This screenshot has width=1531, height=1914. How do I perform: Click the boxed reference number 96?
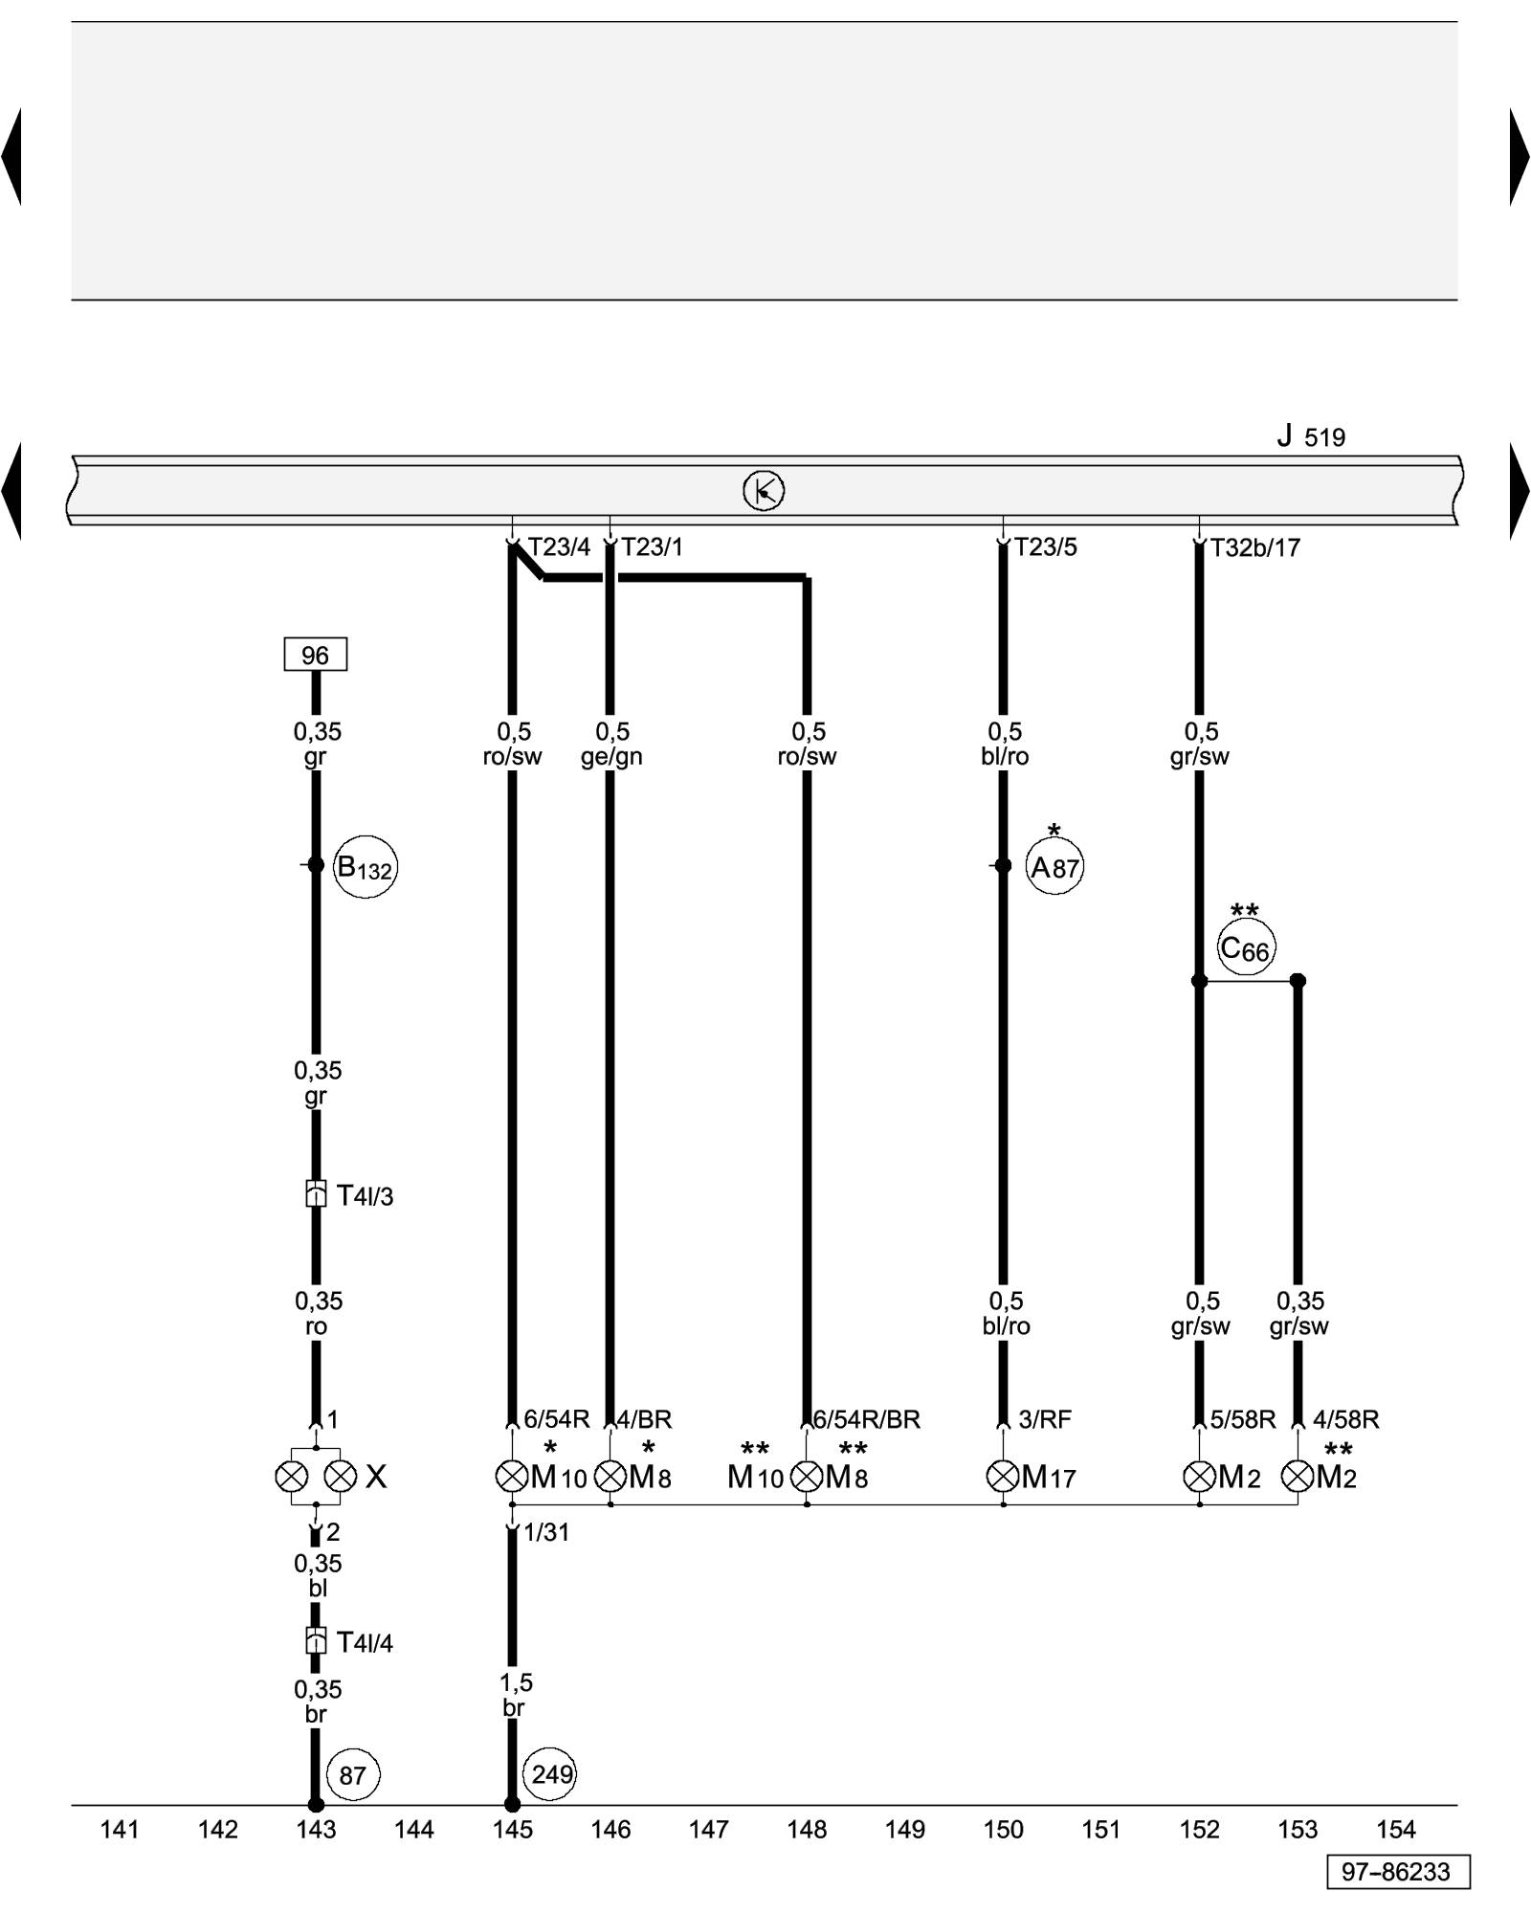(315, 655)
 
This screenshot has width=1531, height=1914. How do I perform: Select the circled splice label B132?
(365, 868)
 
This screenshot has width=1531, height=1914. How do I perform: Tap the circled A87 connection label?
(1054, 868)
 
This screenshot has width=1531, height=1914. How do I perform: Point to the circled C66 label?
(1246, 948)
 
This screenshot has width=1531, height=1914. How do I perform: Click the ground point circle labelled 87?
(352, 1775)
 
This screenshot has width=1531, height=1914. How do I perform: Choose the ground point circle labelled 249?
(551, 1774)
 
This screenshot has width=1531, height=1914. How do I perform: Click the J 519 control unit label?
(1311, 437)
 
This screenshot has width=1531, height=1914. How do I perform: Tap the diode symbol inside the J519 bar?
(764, 491)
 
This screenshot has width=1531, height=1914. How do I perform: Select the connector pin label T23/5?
(1045, 547)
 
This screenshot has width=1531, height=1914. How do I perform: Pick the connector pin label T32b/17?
(1254, 547)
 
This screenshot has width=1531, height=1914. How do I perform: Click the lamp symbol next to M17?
(1002, 1477)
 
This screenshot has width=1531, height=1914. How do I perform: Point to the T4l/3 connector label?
(365, 1195)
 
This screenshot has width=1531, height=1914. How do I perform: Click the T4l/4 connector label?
(365, 1643)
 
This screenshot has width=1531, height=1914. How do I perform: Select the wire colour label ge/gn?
(611, 757)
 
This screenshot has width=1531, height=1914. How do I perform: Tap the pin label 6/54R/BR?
(866, 1419)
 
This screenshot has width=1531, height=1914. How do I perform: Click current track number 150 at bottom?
(1003, 1830)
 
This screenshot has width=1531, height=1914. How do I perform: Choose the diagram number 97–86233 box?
(1397, 1872)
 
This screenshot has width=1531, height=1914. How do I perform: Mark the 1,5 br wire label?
(515, 1695)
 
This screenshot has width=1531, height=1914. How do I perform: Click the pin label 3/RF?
(1044, 1419)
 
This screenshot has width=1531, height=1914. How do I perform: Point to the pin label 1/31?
(546, 1532)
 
